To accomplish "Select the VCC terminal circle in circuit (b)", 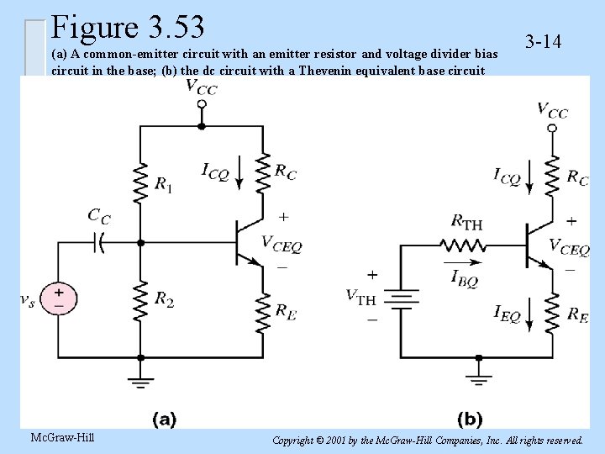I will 552,128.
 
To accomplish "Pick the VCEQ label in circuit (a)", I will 281,244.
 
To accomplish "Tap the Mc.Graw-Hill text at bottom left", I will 61,437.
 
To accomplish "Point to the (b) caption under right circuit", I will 470,418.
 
